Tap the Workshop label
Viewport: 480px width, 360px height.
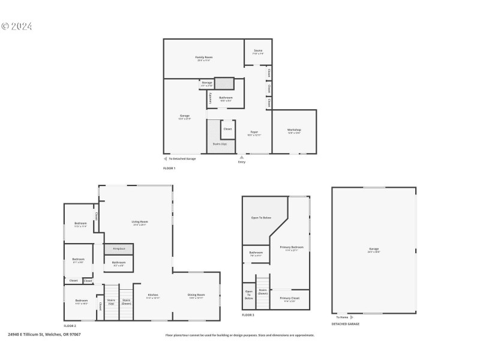pos(294,130)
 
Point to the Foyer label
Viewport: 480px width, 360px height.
pos(254,133)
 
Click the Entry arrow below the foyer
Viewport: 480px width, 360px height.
pos(242,157)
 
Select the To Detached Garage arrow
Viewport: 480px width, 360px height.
pos(166,158)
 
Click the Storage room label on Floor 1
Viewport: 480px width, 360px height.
pos(206,83)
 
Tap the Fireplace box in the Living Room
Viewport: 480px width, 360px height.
pos(118,248)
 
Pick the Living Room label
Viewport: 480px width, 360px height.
pos(140,222)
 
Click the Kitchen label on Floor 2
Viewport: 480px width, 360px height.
pos(153,295)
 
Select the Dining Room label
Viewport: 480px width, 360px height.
pos(197,295)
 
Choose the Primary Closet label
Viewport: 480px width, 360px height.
pos(290,298)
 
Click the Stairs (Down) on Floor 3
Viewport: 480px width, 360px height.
pos(263,292)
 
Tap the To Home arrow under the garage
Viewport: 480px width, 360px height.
pos(352,317)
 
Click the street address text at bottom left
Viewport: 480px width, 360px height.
pos(44,334)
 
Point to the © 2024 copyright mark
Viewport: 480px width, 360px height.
pos(17,26)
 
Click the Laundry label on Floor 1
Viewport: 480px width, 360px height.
pos(210,98)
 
